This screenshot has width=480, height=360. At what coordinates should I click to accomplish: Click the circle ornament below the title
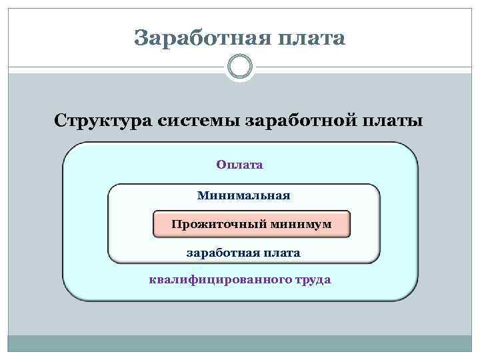click(x=240, y=67)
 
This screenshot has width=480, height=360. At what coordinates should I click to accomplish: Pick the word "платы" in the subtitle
click(x=393, y=122)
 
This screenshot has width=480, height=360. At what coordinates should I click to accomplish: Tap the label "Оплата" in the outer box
click(x=240, y=164)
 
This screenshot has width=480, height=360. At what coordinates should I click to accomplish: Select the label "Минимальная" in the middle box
click(x=244, y=196)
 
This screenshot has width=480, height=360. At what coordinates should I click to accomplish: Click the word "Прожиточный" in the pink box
click(x=219, y=224)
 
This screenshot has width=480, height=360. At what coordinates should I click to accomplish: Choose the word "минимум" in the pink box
click(x=301, y=224)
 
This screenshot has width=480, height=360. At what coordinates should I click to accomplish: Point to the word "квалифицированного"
click(x=218, y=279)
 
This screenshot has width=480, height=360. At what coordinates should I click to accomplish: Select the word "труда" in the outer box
click(x=311, y=279)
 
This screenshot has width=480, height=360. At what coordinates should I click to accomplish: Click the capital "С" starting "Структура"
click(x=61, y=122)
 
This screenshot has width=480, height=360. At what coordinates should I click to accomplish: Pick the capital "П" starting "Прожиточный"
click(x=175, y=224)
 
